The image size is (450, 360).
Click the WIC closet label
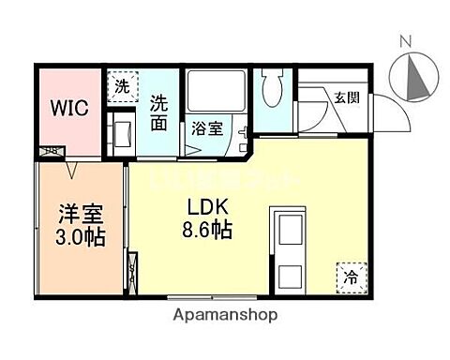tap(70, 107)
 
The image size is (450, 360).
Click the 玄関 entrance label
tap(346, 96)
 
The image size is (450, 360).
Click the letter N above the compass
tap(405, 40)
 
